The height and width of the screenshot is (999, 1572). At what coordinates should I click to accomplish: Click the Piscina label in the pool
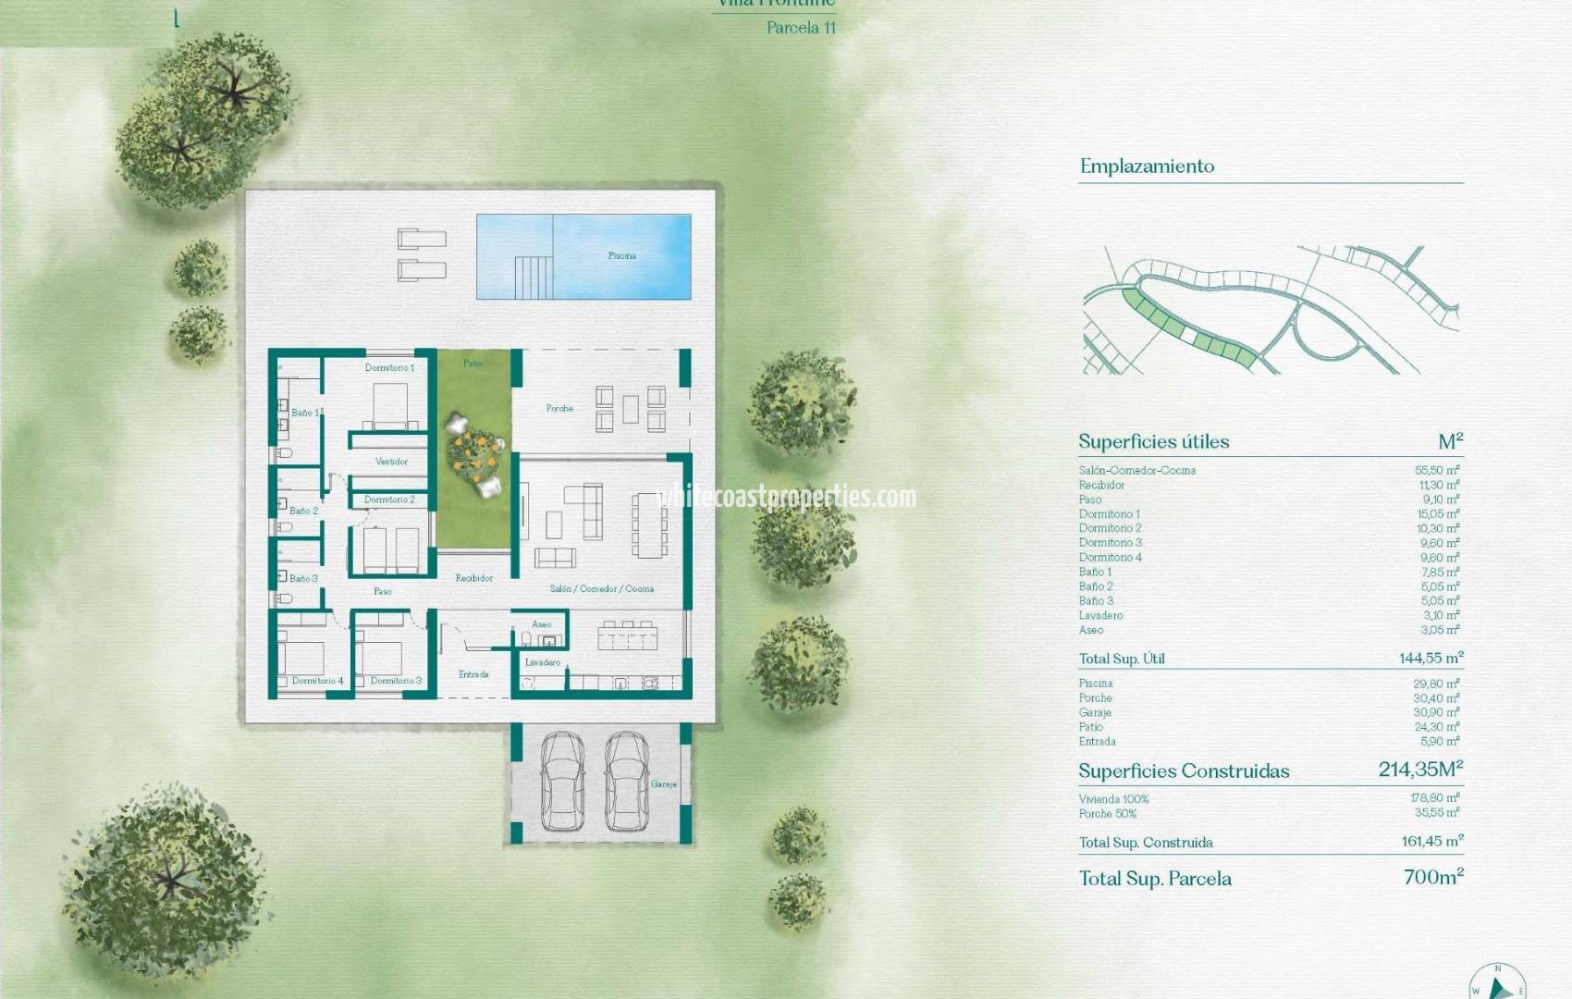(x=621, y=256)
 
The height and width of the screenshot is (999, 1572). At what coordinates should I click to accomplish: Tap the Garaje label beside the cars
(x=663, y=784)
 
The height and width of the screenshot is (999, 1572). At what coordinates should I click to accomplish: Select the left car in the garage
(x=562, y=781)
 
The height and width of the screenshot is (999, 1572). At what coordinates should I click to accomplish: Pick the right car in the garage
(x=626, y=781)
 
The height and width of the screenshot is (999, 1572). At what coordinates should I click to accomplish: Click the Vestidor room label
(x=391, y=462)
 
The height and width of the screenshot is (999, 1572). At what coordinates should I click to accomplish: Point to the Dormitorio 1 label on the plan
(x=389, y=368)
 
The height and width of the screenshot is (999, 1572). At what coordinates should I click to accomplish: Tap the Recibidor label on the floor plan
(x=473, y=578)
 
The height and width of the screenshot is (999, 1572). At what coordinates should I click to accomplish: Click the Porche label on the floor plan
(x=559, y=408)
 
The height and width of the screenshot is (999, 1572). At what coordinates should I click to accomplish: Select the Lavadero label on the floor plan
(x=543, y=662)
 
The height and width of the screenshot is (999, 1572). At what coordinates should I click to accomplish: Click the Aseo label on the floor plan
(x=542, y=624)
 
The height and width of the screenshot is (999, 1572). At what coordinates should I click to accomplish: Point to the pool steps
(x=534, y=277)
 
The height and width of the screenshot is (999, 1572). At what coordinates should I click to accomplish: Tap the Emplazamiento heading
(x=1147, y=166)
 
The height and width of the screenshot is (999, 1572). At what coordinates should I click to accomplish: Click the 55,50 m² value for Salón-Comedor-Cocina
(x=1437, y=471)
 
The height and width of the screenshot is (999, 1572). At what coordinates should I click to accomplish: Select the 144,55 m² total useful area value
(x=1431, y=659)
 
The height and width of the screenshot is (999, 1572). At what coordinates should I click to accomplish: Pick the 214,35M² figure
(x=1420, y=770)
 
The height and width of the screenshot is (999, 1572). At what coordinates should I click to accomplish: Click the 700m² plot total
(x=1433, y=877)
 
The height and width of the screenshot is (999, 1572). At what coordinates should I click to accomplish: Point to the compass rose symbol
(x=1497, y=982)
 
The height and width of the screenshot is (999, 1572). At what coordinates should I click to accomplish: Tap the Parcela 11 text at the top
(x=801, y=28)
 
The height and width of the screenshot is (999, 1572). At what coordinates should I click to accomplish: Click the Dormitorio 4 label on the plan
(x=317, y=681)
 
